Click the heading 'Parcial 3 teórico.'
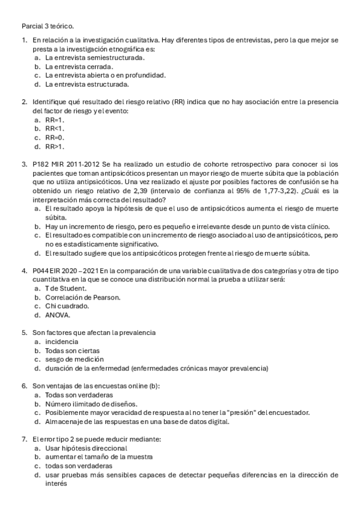coord(47,27)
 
